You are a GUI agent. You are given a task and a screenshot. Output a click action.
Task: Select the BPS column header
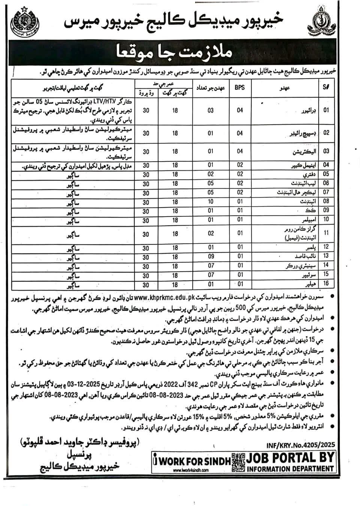pos(240,88)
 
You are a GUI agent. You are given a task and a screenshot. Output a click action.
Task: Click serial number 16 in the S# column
pos(326,283)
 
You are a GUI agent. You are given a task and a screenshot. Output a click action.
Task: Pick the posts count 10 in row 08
pos(211,201)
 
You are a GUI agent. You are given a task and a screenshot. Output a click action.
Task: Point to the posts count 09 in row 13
pos(211,256)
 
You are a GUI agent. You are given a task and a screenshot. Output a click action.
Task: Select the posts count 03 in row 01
pos(211,110)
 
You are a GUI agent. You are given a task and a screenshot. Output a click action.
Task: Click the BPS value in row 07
pos(240,192)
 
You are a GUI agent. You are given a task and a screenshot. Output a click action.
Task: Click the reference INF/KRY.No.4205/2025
pos(300,446)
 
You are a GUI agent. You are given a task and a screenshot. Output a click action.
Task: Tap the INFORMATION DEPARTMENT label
pos(290,468)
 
